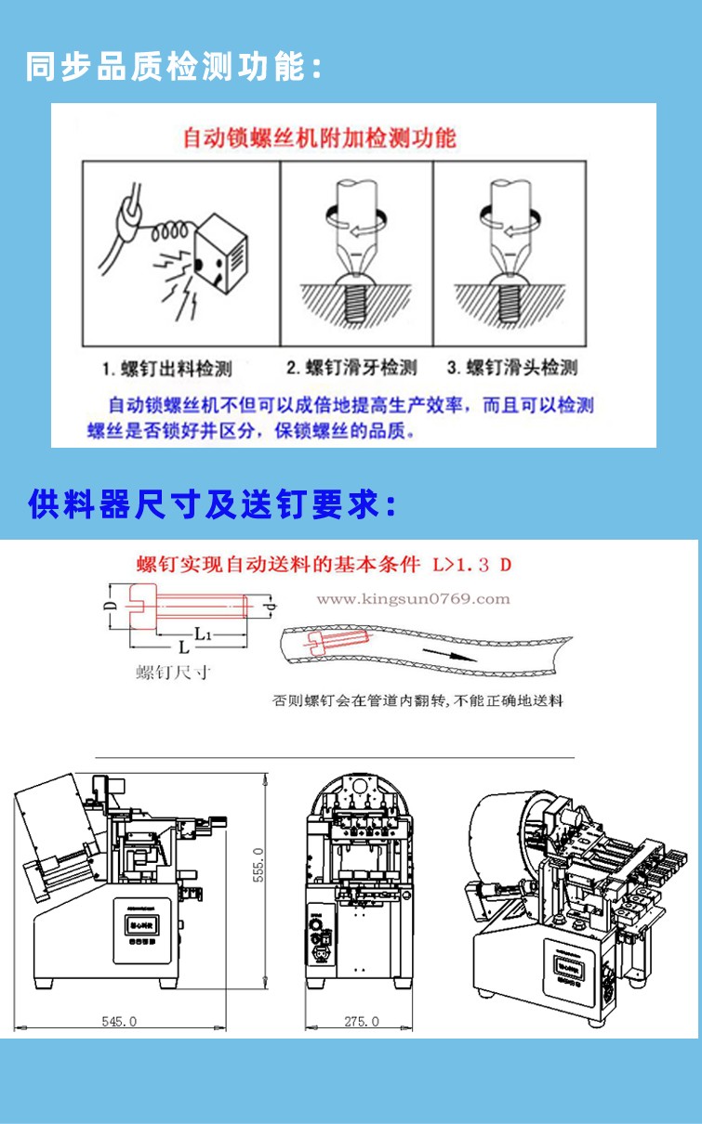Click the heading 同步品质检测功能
(174, 67)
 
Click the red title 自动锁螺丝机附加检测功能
(319, 138)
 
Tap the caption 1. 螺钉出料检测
(167, 369)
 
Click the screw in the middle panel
(353, 298)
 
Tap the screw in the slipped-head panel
(508, 298)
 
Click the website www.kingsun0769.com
(413, 599)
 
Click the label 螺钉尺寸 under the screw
(173, 673)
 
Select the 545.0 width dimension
(119, 1021)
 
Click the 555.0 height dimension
(259, 865)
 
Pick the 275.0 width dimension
(362, 1021)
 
